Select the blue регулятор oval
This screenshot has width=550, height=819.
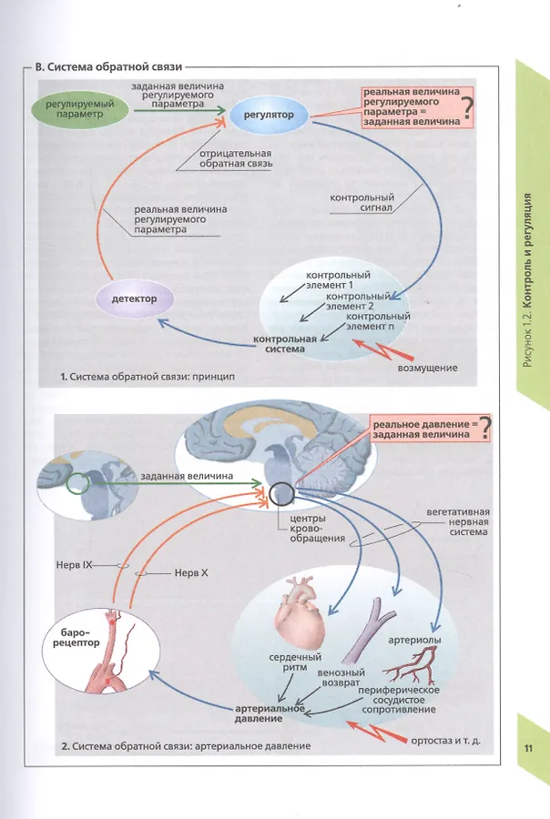point(269,116)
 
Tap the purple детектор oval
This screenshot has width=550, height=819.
point(134,298)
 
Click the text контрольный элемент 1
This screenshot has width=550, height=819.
point(338,279)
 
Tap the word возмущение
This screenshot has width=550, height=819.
point(427,368)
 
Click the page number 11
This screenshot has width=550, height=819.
point(527,748)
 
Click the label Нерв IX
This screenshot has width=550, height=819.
point(76,564)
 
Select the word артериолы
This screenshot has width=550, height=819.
point(414,641)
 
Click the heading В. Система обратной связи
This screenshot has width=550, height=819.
point(108,66)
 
